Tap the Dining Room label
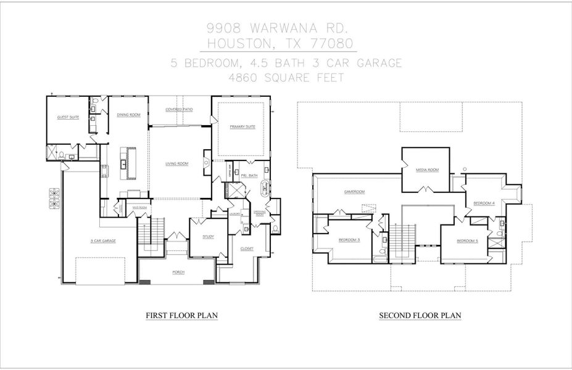coord(128,115)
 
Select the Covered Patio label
coord(179,109)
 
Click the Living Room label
coord(176,163)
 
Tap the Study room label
coord(209,236)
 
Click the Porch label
coord(178,271)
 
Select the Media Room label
coord(426,170)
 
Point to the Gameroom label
coord(355,192)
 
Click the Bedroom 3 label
coord(349,240)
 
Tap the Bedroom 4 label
coord(484,203)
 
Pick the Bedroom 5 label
coord(467,240)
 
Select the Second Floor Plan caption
coord(420,315)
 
